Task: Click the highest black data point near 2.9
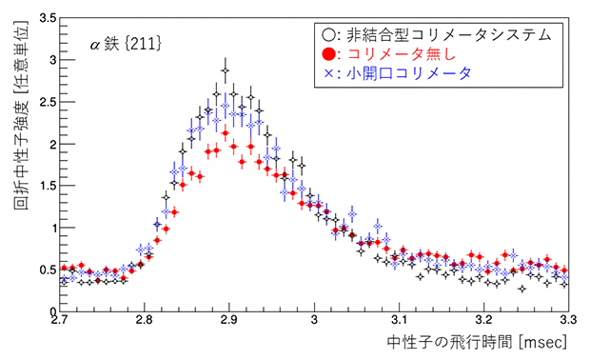(226, 70)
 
